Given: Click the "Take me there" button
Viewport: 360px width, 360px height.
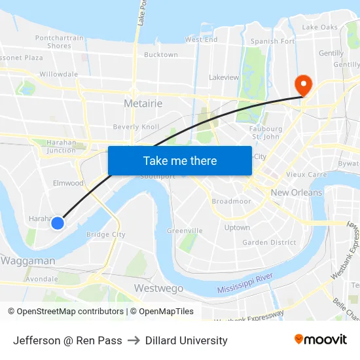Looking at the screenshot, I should point(180,160).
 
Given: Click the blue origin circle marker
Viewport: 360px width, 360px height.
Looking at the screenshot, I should point(58,223).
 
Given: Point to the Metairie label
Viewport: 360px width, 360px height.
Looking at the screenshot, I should point(143,103).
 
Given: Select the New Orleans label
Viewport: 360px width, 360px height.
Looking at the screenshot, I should point(297,192).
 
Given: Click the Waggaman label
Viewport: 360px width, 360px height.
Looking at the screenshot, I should point(28,261).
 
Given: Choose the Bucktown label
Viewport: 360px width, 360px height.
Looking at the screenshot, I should point(161,55).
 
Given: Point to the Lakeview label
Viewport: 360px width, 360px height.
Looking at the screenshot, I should point(224,77).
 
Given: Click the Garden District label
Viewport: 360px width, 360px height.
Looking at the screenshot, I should point(270,242).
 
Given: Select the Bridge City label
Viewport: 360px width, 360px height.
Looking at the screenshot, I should point(105,234).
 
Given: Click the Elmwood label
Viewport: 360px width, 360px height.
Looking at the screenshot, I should point(68,183).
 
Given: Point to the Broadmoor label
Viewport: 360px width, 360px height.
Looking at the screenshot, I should point(231,202).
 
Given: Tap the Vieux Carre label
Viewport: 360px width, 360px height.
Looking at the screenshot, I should point(306,175).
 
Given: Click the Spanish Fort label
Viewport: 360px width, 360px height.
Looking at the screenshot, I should point(273,41).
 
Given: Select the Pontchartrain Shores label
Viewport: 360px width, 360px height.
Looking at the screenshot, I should point(60,42).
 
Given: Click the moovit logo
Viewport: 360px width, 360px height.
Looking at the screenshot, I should point(320,339).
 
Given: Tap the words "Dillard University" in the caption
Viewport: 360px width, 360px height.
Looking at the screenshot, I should point(187,340).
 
